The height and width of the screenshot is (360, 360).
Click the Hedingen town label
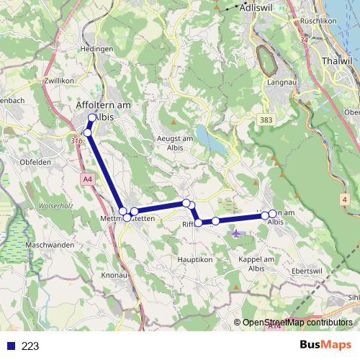point(99,49)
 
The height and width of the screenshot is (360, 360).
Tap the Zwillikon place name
point(58,81)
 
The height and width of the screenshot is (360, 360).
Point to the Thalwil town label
point(337,61)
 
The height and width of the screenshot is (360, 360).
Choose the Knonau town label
point(115,275)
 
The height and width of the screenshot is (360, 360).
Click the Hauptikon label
point(192,258)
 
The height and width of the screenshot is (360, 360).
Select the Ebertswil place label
point(307,271)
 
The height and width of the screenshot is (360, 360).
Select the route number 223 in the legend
point(30,346)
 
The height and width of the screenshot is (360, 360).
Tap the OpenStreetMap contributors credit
point(297,323)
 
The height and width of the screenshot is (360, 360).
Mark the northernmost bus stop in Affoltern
point(92,118)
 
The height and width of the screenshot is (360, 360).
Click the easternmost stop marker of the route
point(273,214)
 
